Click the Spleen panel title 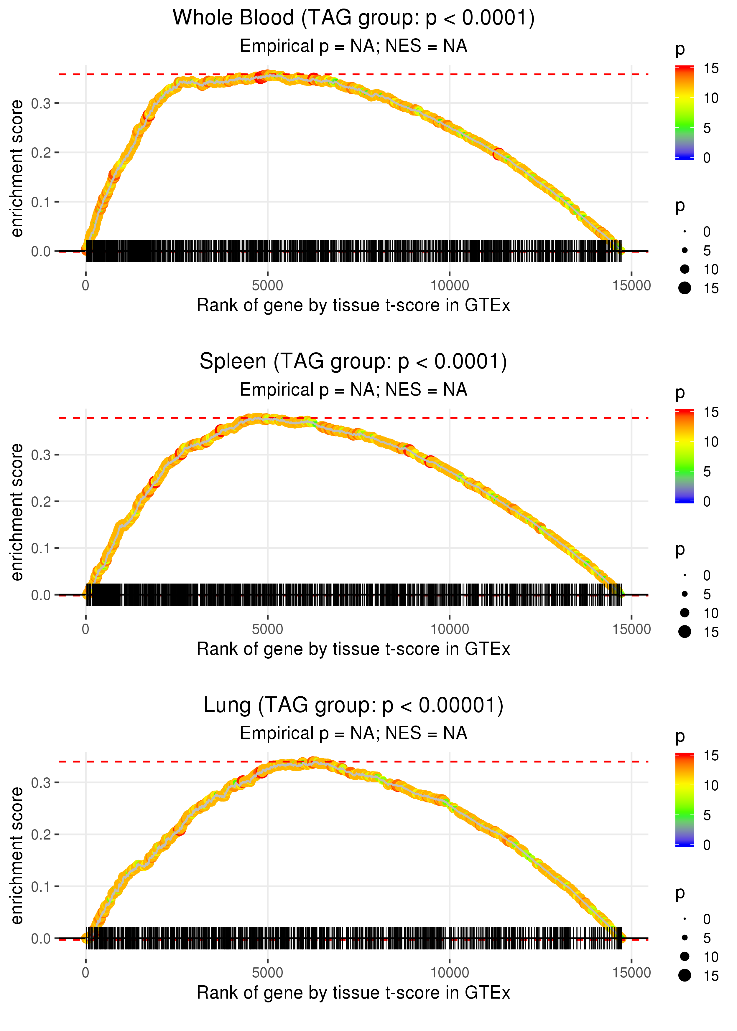click(x=353, y=362)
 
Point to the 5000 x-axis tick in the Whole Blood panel click(x=267, y=286)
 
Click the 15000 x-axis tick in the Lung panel click(x=631, y=973)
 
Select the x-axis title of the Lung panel click(x=353, y=993)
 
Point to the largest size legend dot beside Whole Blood click(x=685, y=288)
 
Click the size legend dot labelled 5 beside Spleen click(x=685, y=594)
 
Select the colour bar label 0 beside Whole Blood click(x=707, y=158)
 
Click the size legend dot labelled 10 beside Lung click(x=685, y=956)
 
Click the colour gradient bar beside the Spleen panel click(x=685, y=456)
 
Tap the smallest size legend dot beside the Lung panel click(x=685, y=919)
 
